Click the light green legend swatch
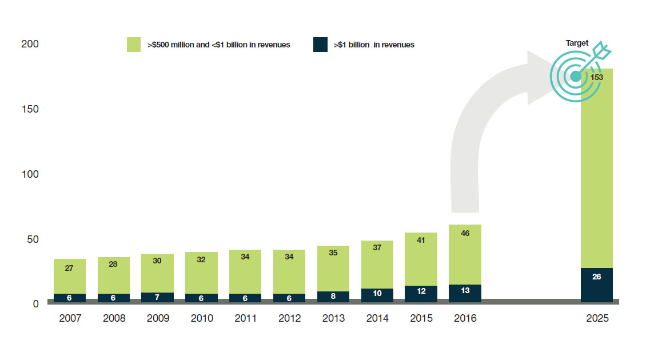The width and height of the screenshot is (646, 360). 133,45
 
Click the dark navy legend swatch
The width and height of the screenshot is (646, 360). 320,45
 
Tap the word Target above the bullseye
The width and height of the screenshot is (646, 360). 577,43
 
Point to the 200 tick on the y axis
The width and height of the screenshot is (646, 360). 30,44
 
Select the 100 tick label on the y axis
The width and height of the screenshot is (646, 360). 30,174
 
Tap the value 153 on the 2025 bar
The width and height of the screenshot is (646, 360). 597,77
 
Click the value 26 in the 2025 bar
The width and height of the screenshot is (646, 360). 597,277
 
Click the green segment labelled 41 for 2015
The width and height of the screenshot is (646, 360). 421,259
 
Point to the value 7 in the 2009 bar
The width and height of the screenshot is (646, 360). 157,298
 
